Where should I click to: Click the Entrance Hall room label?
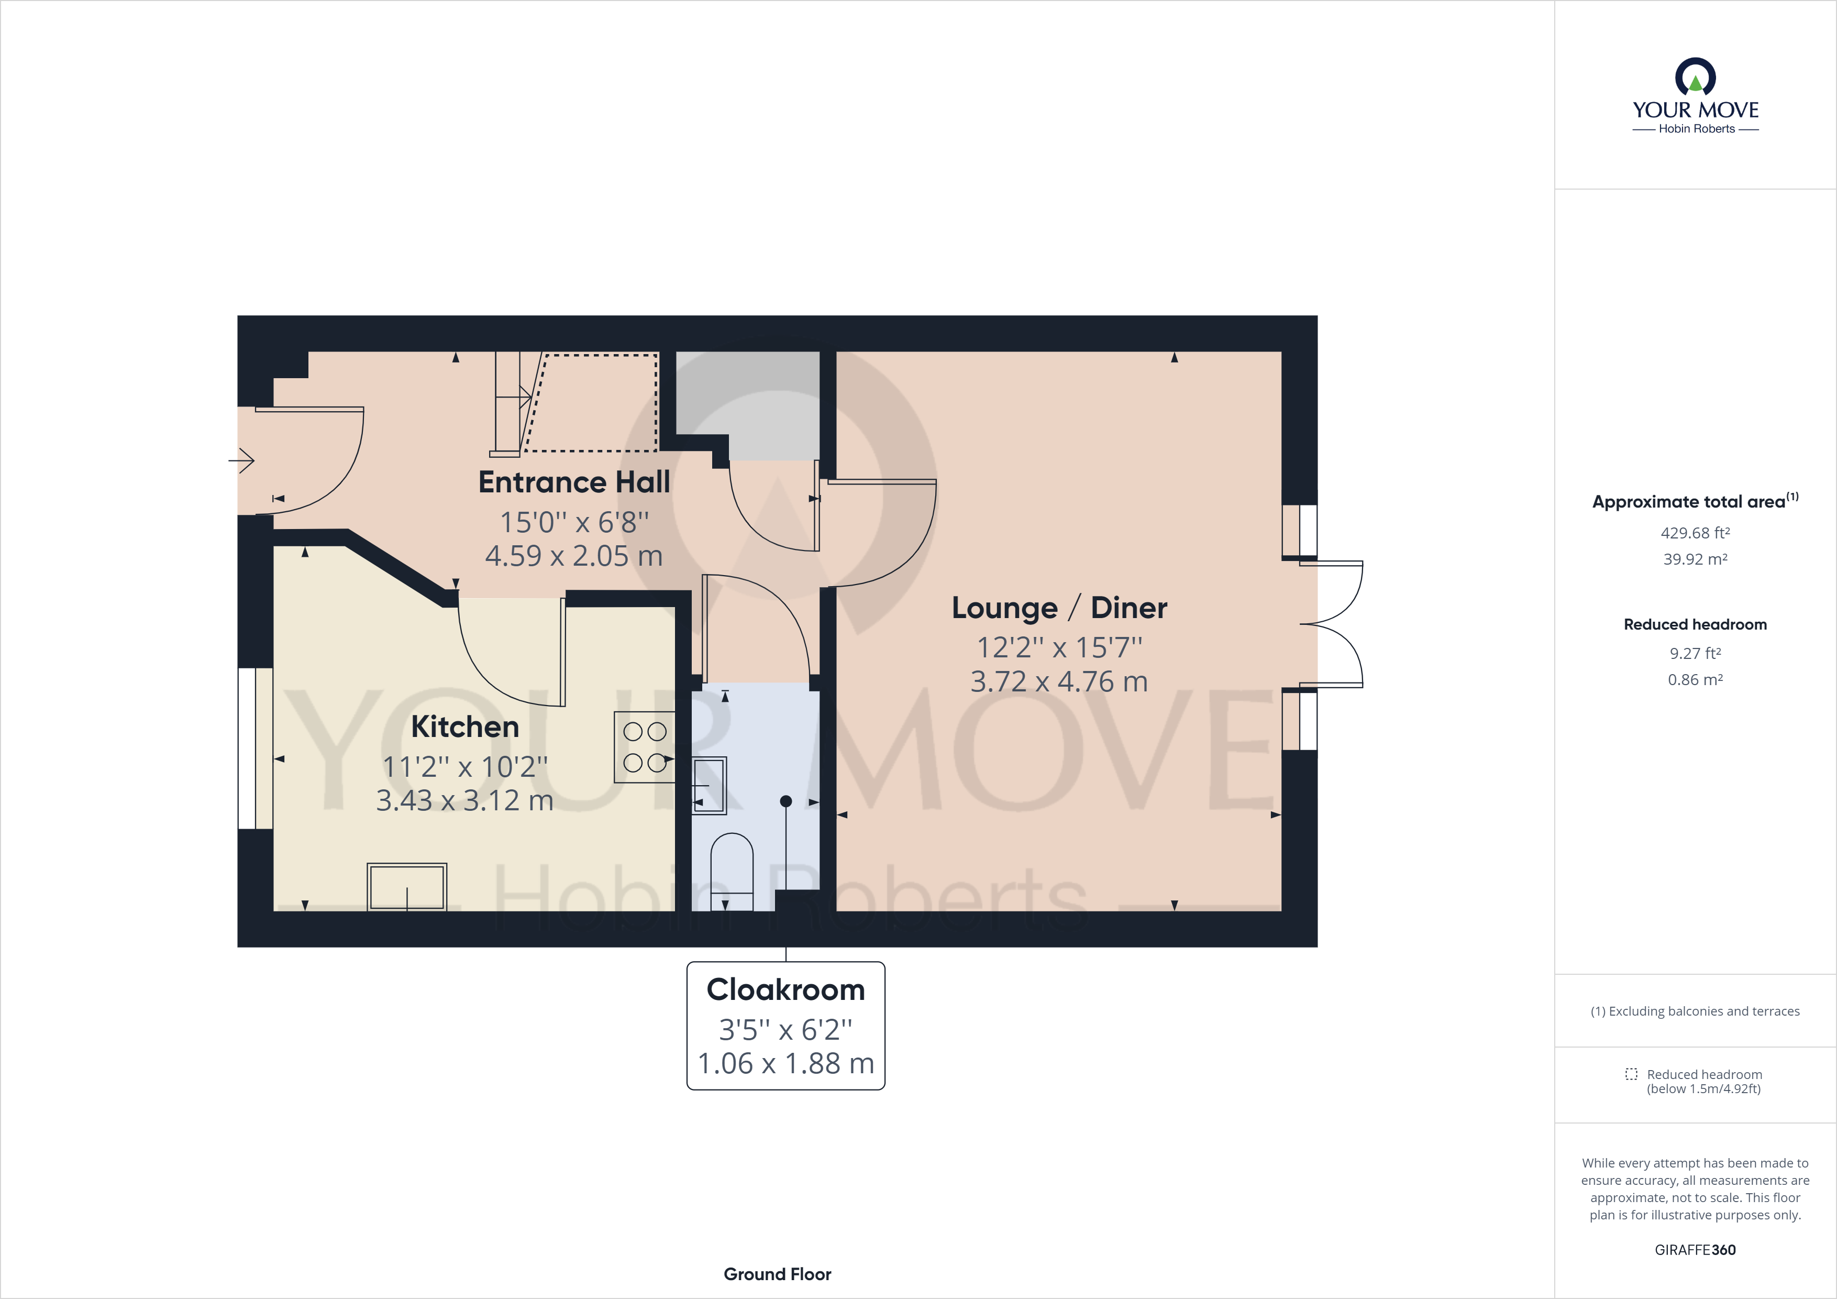point(573,482)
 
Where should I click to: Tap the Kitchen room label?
point(465,726)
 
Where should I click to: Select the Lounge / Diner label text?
point(1058,608)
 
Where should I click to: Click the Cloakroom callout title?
point(785,990)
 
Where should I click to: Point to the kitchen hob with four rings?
point(644,747)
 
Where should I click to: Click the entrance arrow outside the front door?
point(241,460)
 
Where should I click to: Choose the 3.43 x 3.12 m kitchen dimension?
point(465,800)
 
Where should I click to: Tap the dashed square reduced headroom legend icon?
point(1631,1074)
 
